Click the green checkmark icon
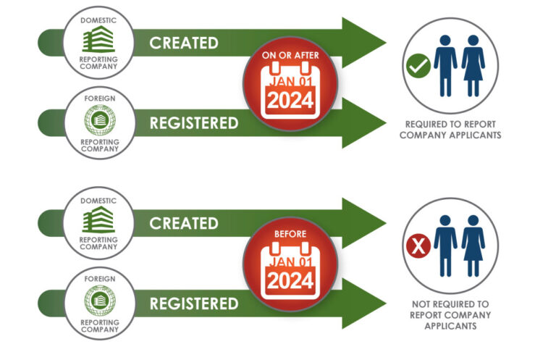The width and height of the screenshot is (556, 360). pos(418,66)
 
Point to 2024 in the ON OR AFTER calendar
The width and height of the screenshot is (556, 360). pos(290,103)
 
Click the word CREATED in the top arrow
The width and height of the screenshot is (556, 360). pos(183,42)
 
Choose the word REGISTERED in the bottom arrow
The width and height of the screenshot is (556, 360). pos(193,304)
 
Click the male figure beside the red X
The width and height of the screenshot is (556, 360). pos(444,246)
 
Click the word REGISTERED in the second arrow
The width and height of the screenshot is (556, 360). pos(193,122)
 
